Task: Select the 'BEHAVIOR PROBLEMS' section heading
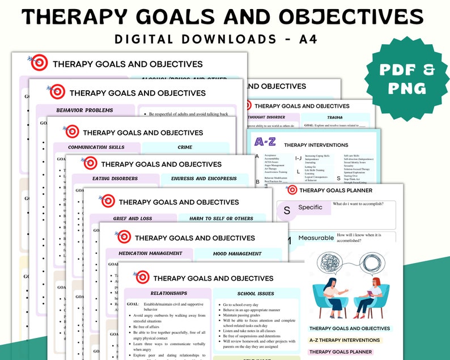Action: click(84, 110)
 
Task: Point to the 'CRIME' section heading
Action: click(185, 147)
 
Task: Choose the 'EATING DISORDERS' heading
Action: click(115, 179)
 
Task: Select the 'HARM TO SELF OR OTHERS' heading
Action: click(222, 218)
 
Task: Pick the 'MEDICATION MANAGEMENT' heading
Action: click(150, 253)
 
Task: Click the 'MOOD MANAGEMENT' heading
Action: click(237, 253)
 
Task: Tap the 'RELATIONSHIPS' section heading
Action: click(168, 293)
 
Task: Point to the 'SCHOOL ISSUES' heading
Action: click(256, 294)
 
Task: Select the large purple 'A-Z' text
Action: click(265, 142)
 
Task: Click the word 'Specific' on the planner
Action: click(310, 207)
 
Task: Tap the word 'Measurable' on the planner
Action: click(316, 238)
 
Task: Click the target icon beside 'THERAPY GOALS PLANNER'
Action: click(292, 190)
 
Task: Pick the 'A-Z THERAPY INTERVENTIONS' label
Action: click(345, 340)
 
